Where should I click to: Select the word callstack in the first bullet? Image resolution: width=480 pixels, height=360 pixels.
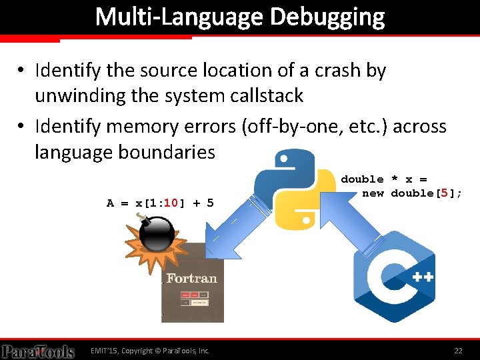(259, 96)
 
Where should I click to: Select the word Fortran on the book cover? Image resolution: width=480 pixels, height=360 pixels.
(192, 277)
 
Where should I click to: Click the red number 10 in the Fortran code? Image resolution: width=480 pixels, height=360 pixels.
(170, 203)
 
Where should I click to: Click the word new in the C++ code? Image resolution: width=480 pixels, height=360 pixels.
(373, 193)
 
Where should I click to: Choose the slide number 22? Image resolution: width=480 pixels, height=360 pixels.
(458, 350)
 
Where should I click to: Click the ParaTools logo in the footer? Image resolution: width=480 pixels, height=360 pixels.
(38, 351)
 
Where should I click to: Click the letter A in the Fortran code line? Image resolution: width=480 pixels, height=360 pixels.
(111, 203)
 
